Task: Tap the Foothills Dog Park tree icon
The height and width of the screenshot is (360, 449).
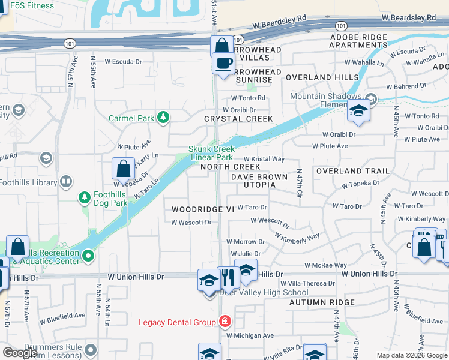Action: pos(85,197)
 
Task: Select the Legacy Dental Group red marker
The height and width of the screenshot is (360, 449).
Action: pos(224,322)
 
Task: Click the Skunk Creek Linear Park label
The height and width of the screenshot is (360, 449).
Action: pos(211,153)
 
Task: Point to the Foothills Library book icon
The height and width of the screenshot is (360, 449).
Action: pos(66,181)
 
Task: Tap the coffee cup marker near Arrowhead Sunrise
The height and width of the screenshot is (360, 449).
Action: pos(224,63)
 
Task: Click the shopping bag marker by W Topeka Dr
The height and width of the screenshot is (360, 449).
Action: pos(123,170)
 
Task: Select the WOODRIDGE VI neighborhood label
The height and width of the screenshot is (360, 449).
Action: pos(202,209)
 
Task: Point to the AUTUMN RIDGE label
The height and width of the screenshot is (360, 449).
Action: pos(322,302)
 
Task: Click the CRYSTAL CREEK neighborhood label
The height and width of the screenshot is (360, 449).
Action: pos(238,119)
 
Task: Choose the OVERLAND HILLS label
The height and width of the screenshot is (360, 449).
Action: pos(317,77)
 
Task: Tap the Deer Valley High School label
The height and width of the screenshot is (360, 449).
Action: pos(264,293)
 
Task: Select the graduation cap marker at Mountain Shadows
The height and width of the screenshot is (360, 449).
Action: pos(358,110)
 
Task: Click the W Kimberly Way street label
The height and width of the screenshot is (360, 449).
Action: pos(297,238)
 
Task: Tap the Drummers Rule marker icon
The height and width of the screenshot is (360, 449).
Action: pos(91,349)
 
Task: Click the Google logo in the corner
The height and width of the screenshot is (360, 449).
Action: pos(20,353)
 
